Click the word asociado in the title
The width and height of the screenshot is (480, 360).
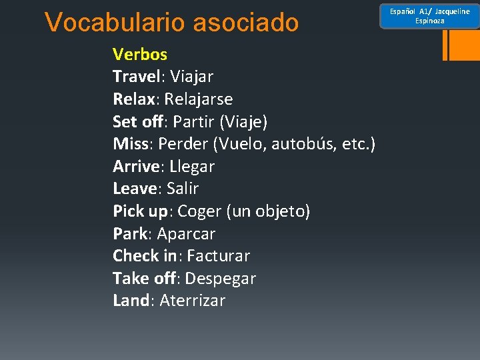[246, 23]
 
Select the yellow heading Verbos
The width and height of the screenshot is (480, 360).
[140, 54]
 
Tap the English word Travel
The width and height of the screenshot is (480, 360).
[136, 77]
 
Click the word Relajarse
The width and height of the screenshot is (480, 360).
[199, 99]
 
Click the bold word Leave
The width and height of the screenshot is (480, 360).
[135, 189]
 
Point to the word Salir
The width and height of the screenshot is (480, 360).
[183, 189]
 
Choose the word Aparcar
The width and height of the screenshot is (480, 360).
[186, 234]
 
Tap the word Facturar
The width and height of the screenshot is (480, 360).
[218, 256]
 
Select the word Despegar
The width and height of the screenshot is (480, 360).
[222, 279]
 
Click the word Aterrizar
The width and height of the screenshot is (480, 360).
[193, 301]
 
